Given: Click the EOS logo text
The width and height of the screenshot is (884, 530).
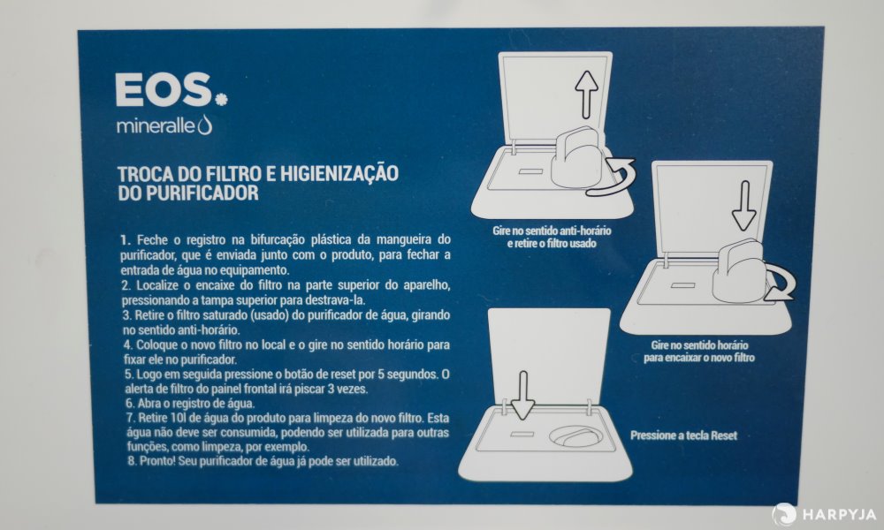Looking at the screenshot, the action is pyautogui.click(x=164, y=90).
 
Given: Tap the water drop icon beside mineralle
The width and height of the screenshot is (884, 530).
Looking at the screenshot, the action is pyautogui.click(x=205, y=125).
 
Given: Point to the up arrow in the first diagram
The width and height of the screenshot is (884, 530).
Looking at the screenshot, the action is pyautogui.click(x=587, y=94).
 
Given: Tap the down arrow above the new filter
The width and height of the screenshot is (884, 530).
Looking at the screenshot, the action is pyautogui.click(x=744, y=206).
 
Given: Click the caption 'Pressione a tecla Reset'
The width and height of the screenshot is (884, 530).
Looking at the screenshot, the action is pyautogui.click(x=683, y=435).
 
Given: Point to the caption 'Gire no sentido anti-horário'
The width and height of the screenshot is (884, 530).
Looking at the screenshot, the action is pyautogui.click(x=552, y=231).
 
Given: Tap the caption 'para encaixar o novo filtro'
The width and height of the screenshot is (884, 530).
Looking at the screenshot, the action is pyautogui.click(x=699, y=358).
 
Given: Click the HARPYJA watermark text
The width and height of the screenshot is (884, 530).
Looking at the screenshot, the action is pyautogui.click(x=839, y=514).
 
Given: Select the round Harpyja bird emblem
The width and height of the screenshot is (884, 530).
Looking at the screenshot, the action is pyautogui.click(x=783, y=514).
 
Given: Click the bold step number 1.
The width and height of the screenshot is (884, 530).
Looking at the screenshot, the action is pyautogui.click(x=126, y=240).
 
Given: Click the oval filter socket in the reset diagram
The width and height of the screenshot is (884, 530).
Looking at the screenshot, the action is pyautogui.click(x=576, y=436).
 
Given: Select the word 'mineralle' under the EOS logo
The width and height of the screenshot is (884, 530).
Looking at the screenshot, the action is pyautogui.click(x=156, y=126).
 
